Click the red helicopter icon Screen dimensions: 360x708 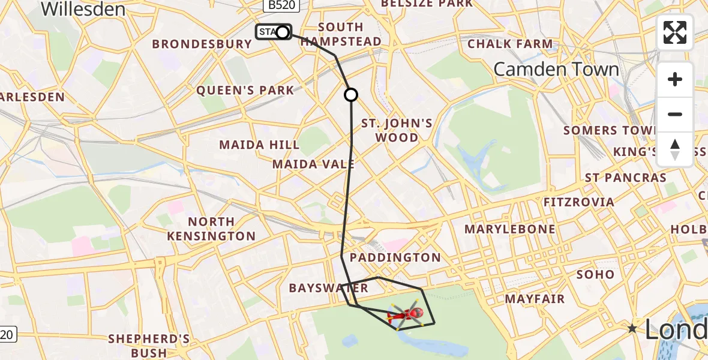click(x=407, y=314)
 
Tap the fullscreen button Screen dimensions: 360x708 click(x=675, y=32)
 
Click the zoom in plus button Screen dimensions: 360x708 click(x=675, y=79)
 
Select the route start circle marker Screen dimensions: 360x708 click(x=282, y=32)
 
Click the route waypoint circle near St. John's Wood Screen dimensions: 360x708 click(x=351, y=95)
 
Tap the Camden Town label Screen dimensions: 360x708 click(x=556, y=70)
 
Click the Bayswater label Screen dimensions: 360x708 click(x=328, y=288)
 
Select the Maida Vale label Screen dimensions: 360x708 click(x=313, y=164)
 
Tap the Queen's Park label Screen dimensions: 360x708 click(x=246, y=91)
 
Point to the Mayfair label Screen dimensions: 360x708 click(x=535, y=298)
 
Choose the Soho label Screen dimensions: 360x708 click(x=595, y=274)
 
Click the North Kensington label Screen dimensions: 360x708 click(x=211, y=229)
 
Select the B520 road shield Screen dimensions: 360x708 click(x=280, y=5)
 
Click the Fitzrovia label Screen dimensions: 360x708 click(x=578, y=202)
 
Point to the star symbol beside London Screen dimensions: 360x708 click(x=632, y=328)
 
